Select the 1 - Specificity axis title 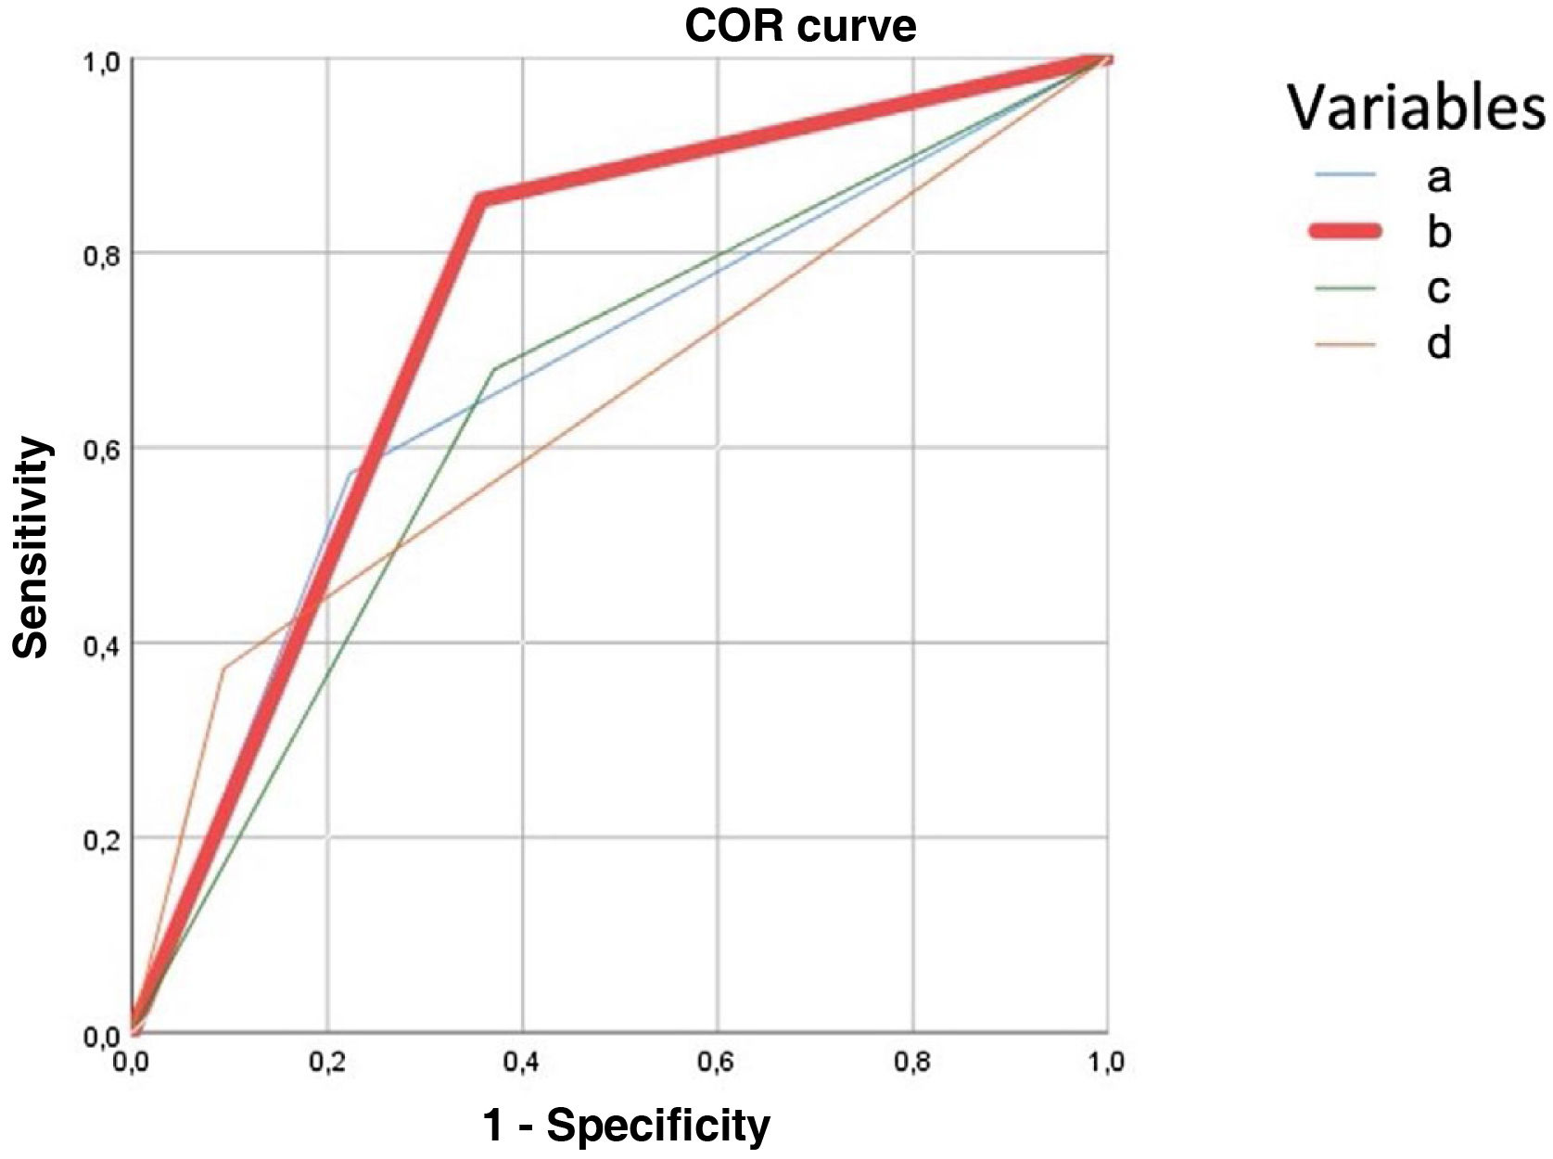[x=626, y=1125]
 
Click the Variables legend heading [x=1416, y=108]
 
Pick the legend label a [x=1438, y=176]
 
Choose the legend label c [x=1438, y=288]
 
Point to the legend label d [x=1438, y=344]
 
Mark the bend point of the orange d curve [x=223, y=669]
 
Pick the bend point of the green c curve [x=493, y=369]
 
